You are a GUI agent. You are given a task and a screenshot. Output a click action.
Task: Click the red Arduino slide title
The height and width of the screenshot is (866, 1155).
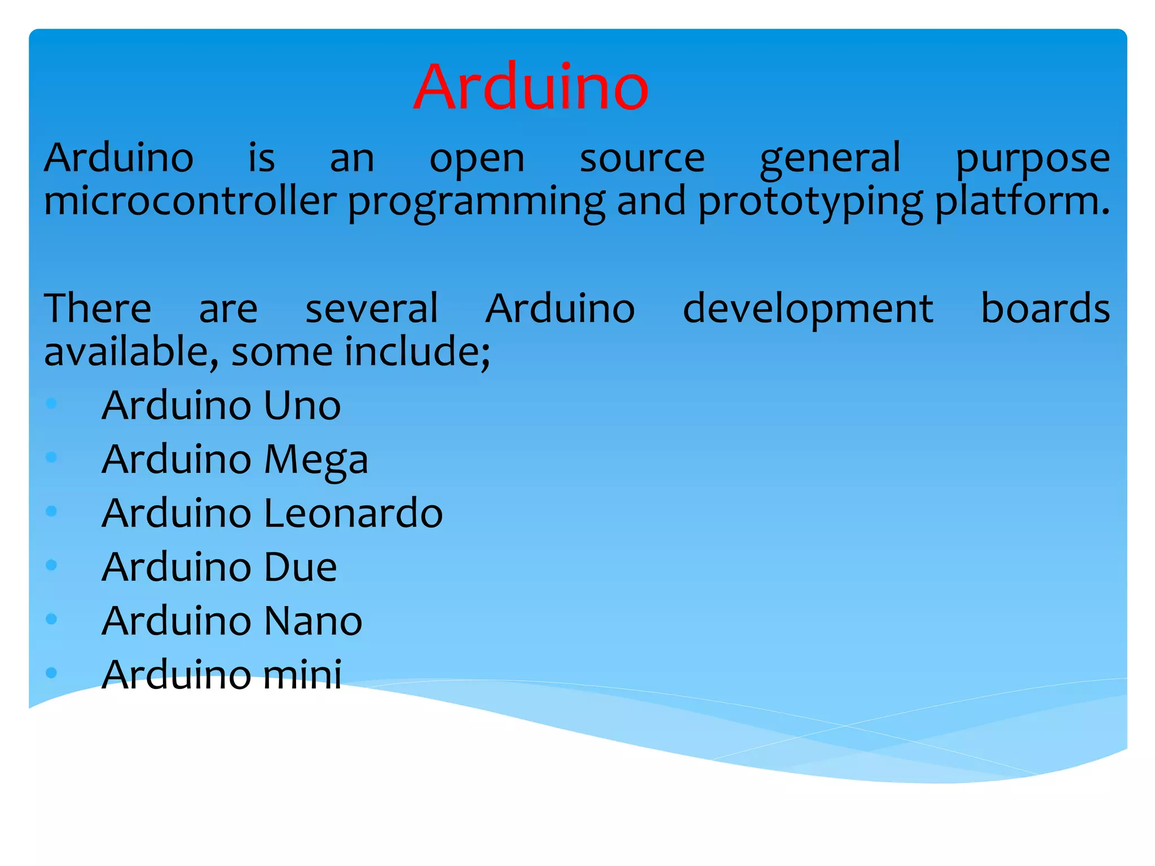531,87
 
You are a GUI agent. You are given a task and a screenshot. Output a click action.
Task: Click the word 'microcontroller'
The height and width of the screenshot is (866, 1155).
190,201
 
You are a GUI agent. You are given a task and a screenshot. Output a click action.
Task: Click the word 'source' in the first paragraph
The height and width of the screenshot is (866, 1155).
642,159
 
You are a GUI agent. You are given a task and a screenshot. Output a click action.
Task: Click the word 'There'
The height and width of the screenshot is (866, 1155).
98,308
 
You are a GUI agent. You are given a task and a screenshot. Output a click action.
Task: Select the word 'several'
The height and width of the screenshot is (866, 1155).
372,308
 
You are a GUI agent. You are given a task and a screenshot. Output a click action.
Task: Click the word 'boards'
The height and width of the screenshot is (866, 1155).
1045,308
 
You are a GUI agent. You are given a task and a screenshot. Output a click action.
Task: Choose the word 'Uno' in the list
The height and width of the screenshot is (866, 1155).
302,405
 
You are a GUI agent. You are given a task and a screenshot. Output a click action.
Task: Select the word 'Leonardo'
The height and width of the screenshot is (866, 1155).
353,513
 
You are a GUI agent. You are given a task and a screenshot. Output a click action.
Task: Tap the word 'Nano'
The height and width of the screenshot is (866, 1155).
313,621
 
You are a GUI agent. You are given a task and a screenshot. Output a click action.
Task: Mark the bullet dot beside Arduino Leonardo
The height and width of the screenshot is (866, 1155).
51,511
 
